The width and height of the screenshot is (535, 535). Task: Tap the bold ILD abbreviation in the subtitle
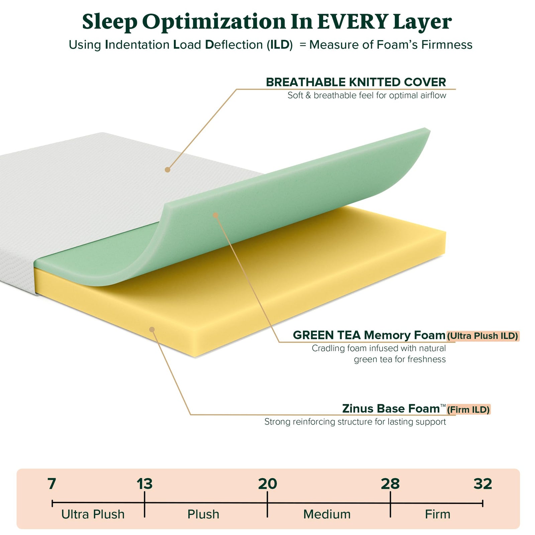[280, 45]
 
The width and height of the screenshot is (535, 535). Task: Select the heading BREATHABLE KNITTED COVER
[356, 82]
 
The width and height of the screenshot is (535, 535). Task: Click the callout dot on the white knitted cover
[168, 170]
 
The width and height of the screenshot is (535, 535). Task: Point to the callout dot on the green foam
[215, 215]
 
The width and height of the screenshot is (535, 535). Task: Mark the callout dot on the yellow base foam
[152, 329]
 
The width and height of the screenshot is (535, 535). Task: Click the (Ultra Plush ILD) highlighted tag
[483, 336]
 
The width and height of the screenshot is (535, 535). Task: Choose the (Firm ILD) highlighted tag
[468, 410]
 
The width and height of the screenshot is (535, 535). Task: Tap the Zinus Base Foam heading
[391, 409]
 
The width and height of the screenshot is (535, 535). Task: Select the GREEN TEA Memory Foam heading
[369, 335]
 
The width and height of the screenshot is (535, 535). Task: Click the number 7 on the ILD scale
[51, 484]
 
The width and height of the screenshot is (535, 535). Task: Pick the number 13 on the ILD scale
[144, 484]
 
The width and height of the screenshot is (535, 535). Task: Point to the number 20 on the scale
[267, 484]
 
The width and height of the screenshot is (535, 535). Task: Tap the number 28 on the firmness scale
[390, 484]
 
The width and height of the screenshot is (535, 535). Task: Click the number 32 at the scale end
[483, 484]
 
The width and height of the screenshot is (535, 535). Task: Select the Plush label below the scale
[203, 514]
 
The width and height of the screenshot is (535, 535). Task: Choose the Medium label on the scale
[327, 514]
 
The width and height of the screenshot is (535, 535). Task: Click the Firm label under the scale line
[437, 514]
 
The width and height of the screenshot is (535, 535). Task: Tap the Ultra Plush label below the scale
[93, 514]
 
